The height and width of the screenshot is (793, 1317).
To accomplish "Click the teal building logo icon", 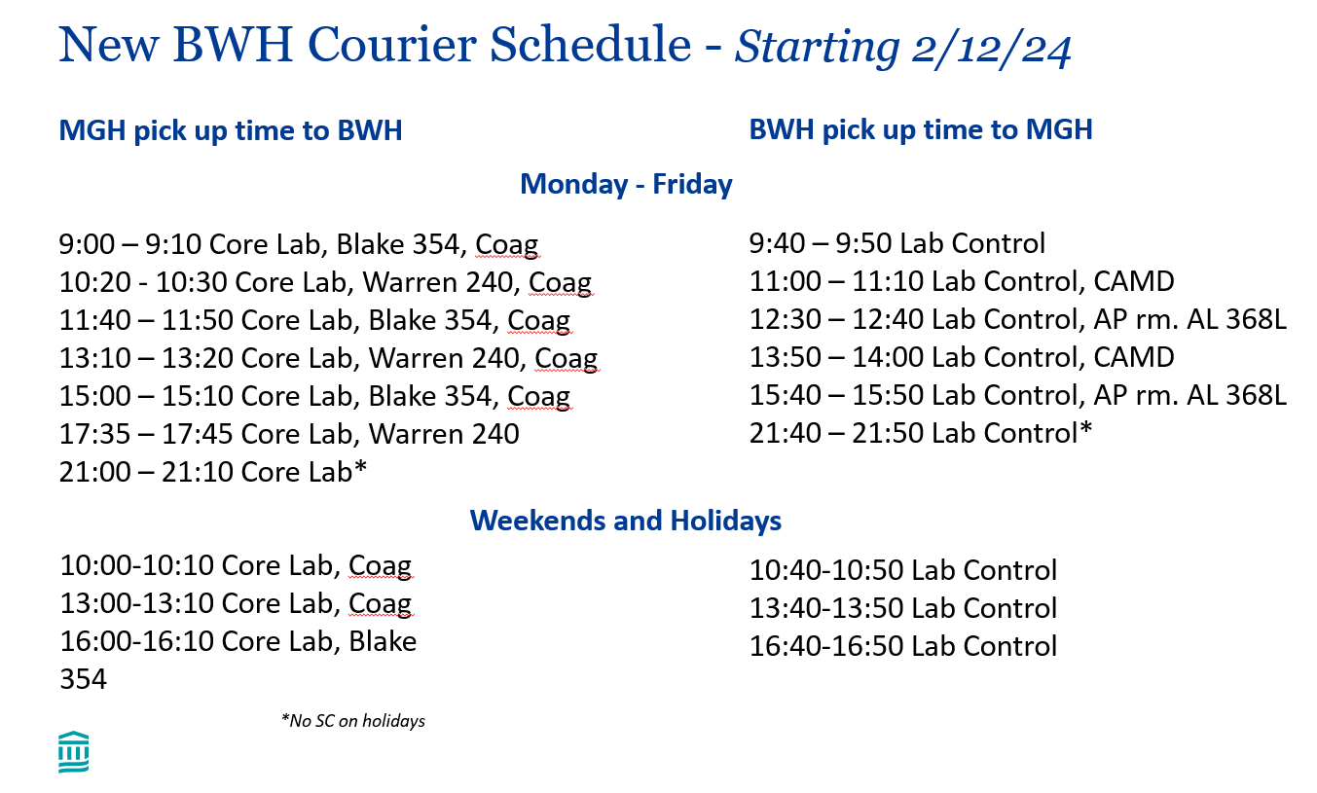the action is (74, 752).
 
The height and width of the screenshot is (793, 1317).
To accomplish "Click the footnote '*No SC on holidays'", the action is (352, 721).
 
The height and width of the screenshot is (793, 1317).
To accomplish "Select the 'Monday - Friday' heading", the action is (626, 184).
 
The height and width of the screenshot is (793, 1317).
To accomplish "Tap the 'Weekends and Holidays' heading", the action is (626, 521).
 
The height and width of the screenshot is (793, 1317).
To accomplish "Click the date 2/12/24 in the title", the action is (991, 47).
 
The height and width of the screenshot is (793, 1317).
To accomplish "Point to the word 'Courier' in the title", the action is (392, 45).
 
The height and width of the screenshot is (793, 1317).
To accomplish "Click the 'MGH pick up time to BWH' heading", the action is (231, 130).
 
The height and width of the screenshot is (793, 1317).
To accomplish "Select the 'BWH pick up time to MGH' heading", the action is (921, 130).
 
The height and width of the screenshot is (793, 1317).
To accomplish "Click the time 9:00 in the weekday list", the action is (87, 244).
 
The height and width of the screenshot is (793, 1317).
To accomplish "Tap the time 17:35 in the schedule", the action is (94, 434).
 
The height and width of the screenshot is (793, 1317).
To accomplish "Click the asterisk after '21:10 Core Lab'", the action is (360, 467).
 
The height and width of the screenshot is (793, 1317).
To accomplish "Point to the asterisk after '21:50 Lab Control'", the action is (1085, 428).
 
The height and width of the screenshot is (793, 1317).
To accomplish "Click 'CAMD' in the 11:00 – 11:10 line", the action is (1134, 281).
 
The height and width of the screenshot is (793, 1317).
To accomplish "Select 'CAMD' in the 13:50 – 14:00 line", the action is (1134, 357).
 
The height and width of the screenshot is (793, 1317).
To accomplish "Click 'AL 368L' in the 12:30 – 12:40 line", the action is (1236, 319).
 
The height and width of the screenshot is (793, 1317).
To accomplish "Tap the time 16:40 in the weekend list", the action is (785, 646).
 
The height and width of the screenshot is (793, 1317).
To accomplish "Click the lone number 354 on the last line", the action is (83, 679).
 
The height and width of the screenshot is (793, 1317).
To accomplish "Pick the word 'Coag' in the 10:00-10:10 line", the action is (380, 566).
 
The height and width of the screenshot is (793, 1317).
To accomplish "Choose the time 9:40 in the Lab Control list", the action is (777, 243).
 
